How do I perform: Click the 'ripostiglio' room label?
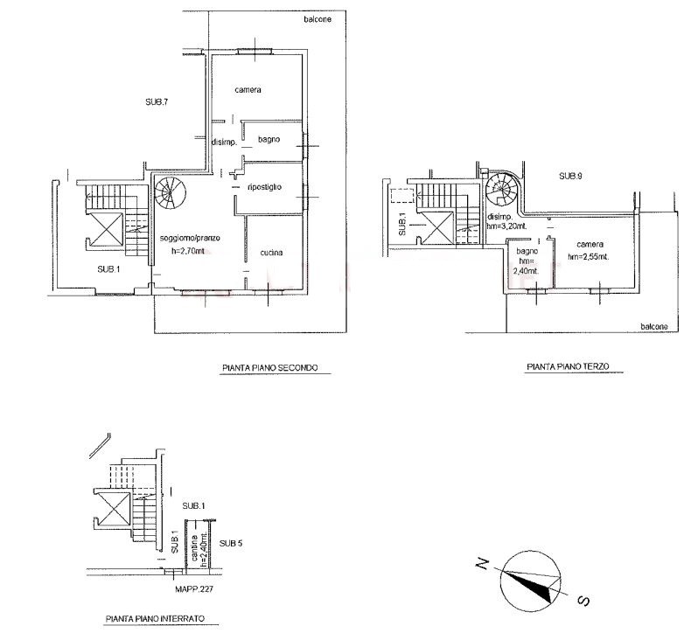click(264, 187)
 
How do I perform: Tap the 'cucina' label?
click(271, 253)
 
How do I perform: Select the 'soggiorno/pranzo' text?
click(190, 238)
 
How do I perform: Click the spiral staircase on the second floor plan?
click(169, 192)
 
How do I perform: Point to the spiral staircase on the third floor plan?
click(501, 189)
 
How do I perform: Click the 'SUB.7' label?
click(157, 101)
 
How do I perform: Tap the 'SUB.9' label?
click(570, 176)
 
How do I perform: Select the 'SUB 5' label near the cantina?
click(231, 543)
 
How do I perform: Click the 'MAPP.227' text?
click(194, 588)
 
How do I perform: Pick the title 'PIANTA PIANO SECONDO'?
click(270, 367)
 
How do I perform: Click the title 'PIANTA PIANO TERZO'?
click(568, 366)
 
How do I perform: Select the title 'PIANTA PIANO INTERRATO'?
click(156, 618)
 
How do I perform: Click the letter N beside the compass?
click(483, 564)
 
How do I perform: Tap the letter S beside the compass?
click(583, 601)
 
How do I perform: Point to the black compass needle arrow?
click(531, 585)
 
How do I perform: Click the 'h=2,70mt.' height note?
click(188, 251)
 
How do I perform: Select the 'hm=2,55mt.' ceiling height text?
click(589, 256)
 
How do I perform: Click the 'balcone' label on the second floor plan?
click(318, 19)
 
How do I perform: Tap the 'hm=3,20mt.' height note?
click(506, 226)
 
